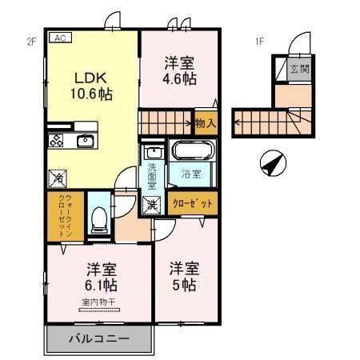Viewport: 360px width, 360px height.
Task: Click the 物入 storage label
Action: [x=205, y=123]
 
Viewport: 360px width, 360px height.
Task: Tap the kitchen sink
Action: [x=85, y=142]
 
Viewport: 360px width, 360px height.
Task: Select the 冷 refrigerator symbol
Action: [x=58, y=178]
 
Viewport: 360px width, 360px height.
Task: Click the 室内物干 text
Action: [x=98, y=302]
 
